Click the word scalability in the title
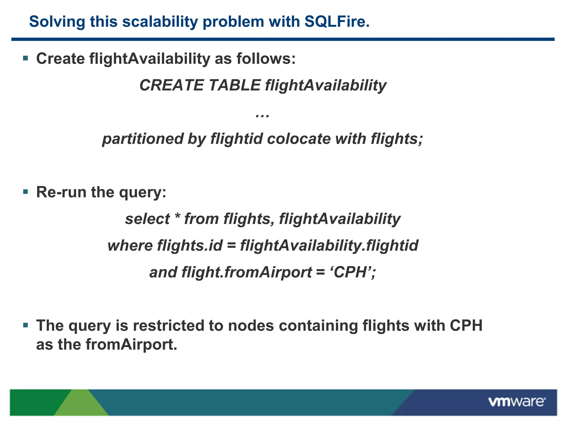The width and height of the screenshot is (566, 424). tap(160, 22)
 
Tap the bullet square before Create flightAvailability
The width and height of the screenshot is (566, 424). tap(26, 58)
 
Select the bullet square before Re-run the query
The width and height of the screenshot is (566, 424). tap(26, 192)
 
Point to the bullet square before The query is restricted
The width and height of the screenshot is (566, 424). tap(26, 325)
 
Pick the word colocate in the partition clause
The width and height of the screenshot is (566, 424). tap(299, 139)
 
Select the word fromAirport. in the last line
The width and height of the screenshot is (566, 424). tap(131, 344)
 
